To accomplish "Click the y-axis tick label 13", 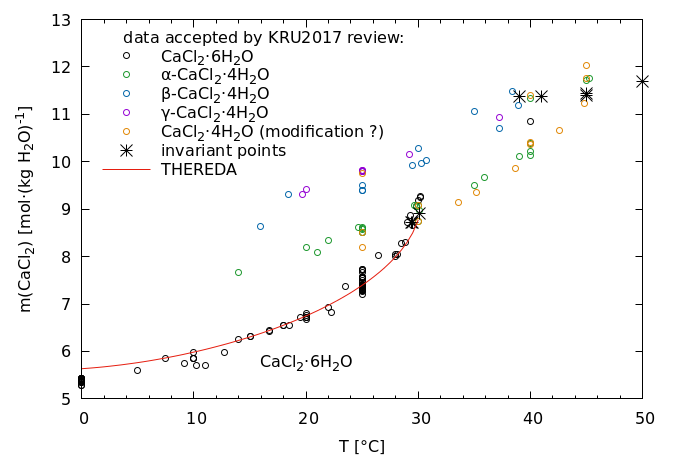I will click(61, 20).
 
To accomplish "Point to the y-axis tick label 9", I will click(65, 210).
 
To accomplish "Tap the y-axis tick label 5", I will click(65, 399).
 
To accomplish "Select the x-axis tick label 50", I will click(643, 418).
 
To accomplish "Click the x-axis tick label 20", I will click(307, 418).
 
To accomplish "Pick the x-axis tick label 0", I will click(83, 418).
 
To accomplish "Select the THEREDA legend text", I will click(199, 170).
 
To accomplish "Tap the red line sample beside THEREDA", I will click(126, 170).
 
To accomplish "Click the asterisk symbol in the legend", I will click(126, 151).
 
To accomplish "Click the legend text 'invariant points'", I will click(224, 151).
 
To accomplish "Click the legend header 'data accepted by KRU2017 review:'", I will click(263, 38).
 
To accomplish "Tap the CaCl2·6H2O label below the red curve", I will click(306, 362).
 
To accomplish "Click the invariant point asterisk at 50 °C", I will click(642, 81).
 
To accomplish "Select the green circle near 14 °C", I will click(238, 272).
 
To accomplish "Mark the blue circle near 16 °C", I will click(260, 226).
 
